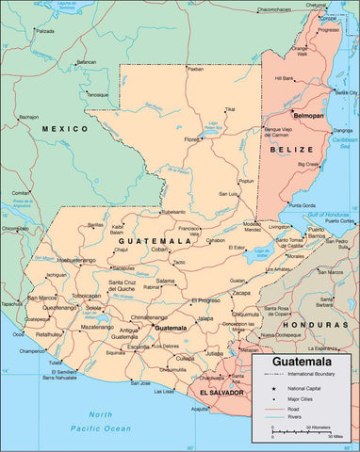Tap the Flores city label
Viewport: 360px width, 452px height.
(192, 139)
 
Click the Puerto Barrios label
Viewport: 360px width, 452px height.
(316, 233)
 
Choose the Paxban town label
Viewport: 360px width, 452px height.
(194, 69)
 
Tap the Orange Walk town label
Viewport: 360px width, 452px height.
(303, 50)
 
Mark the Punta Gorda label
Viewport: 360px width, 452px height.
(302, 204)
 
